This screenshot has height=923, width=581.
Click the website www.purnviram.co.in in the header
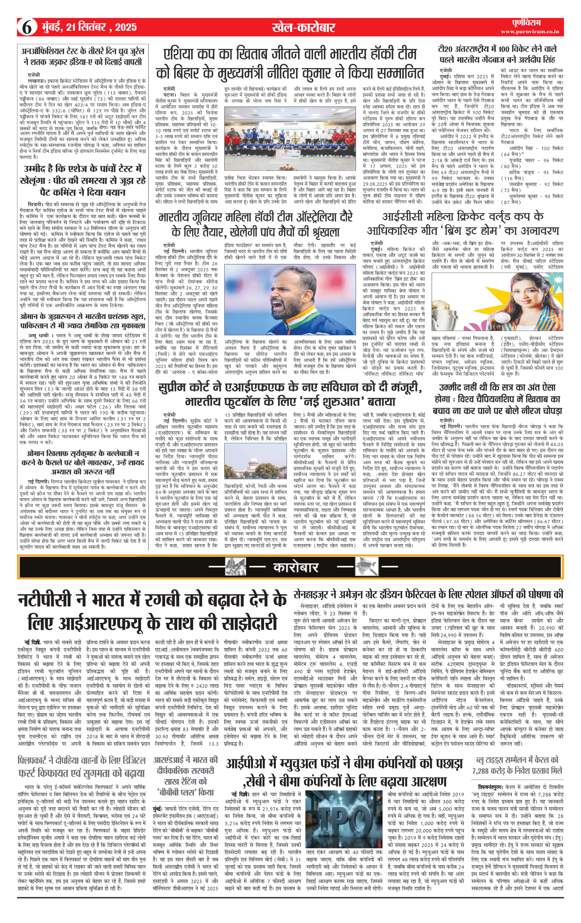point(530,32)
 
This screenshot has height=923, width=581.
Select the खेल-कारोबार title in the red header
point(303,27)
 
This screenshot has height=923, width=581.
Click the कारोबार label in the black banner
point(296,567)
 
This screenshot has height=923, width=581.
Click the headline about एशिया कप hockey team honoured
point(290,64)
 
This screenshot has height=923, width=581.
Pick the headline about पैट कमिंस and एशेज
point(82,180)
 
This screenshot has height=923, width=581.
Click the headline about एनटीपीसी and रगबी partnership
point(152,611)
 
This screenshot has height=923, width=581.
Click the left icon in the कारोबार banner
point(236,567)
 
